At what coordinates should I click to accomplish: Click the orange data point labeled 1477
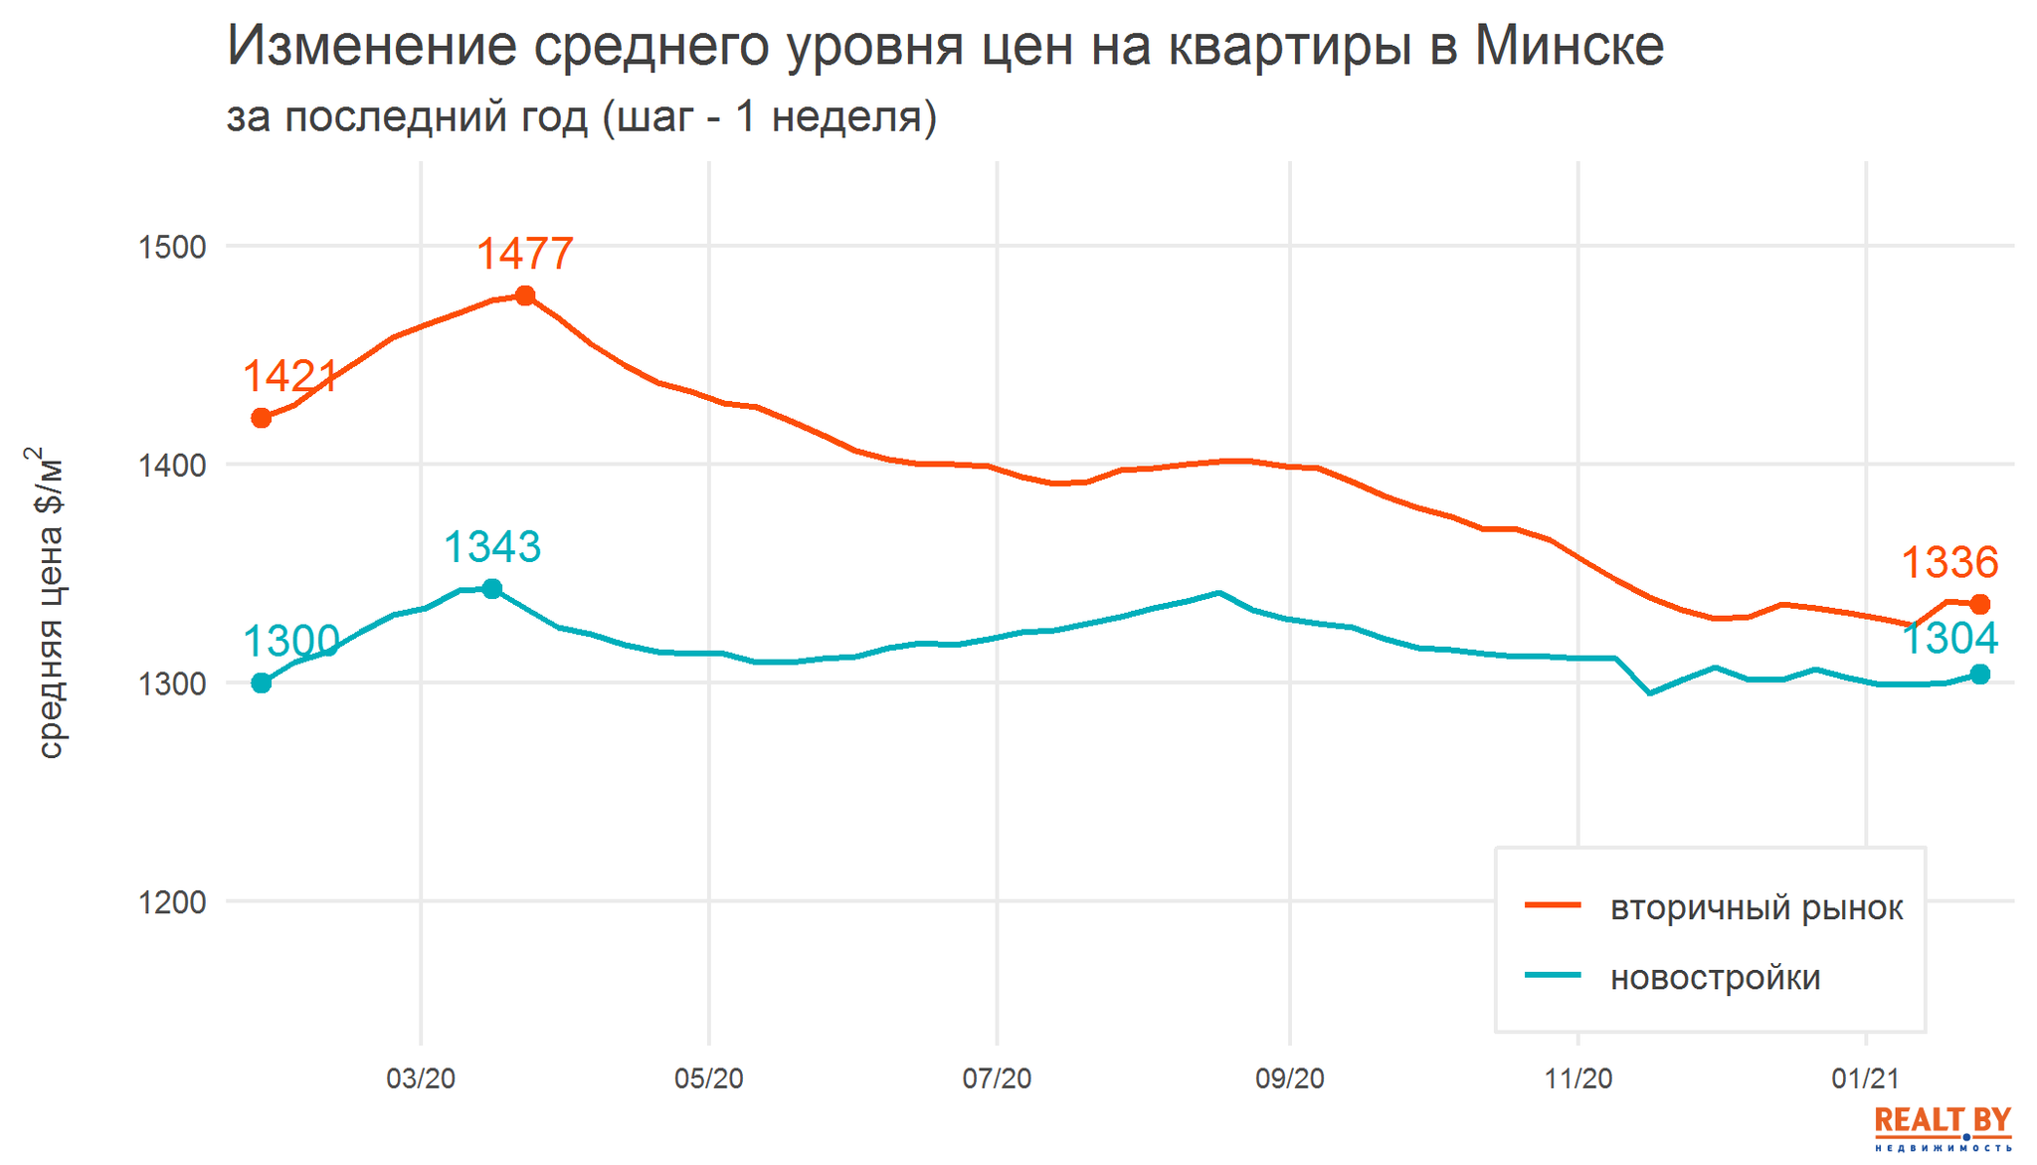click(x=525, y=295)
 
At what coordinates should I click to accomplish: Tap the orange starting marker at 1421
click(x=262, y=418)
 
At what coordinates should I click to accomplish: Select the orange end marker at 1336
click(x=1979, y=604)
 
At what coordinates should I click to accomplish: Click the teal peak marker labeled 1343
click(x=491, y=589)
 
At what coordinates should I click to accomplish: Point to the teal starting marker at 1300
click(x=262, y=682)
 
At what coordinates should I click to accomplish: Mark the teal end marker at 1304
click(x=1979, y=675)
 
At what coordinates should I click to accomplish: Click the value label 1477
click(x=525, y=254)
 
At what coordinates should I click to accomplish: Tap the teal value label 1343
click(x=491, y=547)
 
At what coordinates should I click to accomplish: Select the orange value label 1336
click(x=1949, y=563)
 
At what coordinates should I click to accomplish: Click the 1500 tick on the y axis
click(x=170, y=247)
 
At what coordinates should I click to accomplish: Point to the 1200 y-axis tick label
click(x=170, y=902)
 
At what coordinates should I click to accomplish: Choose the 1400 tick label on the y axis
click(x=170, y=465)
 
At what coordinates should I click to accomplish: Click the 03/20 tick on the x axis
click(x=421, y=1078)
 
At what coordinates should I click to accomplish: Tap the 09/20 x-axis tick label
click(x=1289, y=1078)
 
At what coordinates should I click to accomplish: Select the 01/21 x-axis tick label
click(x=1865, y=1078)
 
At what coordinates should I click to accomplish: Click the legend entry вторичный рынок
click(x=1756, y=907)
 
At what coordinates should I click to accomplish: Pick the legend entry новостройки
click(x=1715, y=977)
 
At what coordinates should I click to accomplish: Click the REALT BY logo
click(x=1942, y=1128)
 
